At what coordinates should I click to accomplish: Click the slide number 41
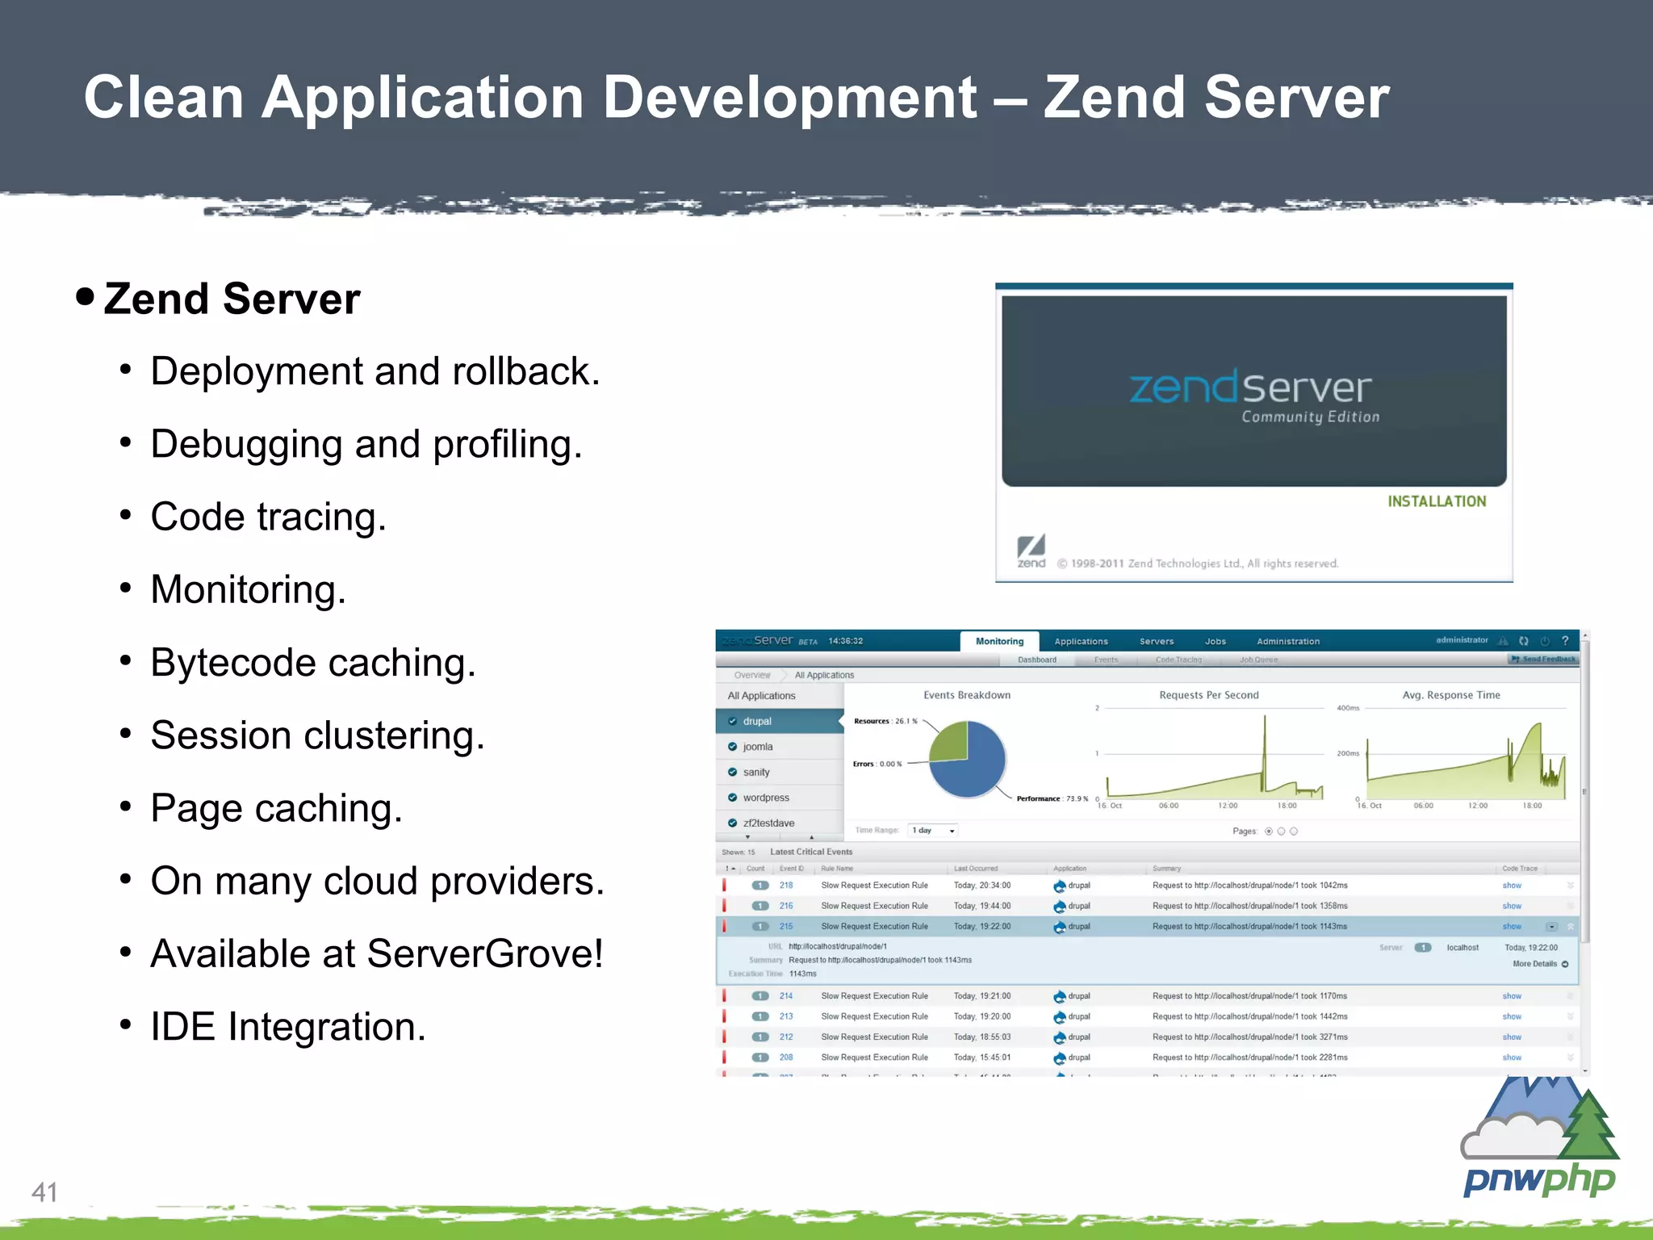(x=44, y=1192)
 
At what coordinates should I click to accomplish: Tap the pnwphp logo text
(x=1539, y=1180)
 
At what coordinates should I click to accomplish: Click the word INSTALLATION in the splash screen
(x=1437, y=501)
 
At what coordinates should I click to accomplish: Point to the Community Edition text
(x=1310, y=417)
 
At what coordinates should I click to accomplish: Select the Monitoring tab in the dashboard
(x=999, y=641)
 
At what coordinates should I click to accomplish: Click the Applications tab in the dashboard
(x=1081, y=642)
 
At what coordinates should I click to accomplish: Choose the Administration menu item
(x=1288, y=642)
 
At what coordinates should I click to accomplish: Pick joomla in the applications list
(x=758, y=747)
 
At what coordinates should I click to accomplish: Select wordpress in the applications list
(x=766, y=798)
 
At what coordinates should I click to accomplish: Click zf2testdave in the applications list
(x=768, y=823)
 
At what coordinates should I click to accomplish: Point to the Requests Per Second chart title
(x=1208, y=695)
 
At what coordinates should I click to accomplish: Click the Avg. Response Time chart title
(x=1451, y=695)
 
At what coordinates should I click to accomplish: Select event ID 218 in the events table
(x=786, y=886)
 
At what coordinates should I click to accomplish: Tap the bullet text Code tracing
(x=268, y=517)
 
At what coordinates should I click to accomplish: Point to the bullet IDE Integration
(x=287, y=1027)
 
